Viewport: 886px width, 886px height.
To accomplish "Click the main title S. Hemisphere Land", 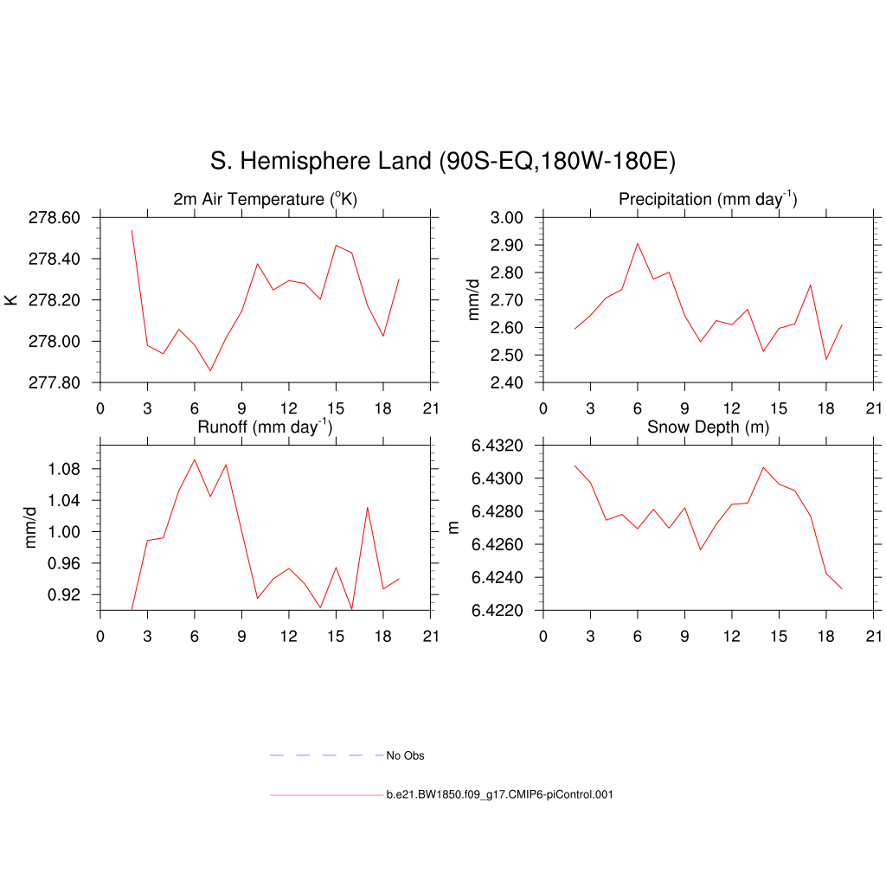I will (x=442, y=161).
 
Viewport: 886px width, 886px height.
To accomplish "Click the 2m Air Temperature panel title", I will (x=266, y=200).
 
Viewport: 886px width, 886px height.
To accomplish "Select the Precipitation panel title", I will (x=708, y=200).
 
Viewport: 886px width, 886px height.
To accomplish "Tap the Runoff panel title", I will (x=265, y=427).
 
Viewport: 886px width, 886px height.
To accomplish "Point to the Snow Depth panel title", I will (x=708, y=427).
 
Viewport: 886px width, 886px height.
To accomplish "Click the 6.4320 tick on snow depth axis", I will (x=498, y=446).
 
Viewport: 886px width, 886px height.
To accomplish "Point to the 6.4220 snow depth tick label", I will (x=498, y=611).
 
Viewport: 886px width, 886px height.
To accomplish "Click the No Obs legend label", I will (x=405, y=755).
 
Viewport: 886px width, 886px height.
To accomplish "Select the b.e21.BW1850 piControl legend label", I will (x=499, y=794).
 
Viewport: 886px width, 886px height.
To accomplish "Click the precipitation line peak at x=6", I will (x=638, y=243).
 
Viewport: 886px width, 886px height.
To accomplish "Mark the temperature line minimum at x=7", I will (x=210, y=370).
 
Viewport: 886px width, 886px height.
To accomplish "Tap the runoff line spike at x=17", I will (x=368, y=507).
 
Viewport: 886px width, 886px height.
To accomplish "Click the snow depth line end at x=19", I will (x=842, y=588).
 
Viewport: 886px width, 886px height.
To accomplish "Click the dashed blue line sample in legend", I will (x=326, y=755).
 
